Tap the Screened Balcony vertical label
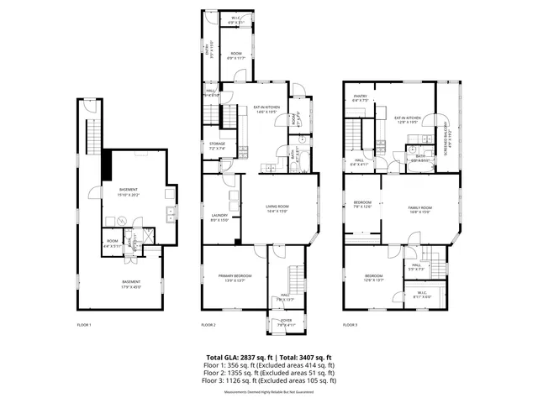[x=448, y=134]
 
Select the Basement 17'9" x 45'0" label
[x=132, y=284]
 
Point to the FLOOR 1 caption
[x=84, y=325]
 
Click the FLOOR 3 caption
[x=350, y=325]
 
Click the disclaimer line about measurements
[x=269, y=392]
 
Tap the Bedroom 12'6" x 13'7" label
[x=374, y=278]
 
